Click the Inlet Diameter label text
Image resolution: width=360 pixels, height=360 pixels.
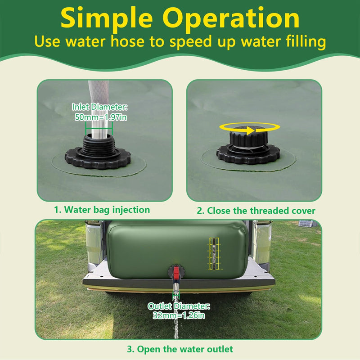[100, 107]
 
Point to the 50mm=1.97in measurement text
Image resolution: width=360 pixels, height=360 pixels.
[100, 117]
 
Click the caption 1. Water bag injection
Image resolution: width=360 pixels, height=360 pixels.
[102, 210]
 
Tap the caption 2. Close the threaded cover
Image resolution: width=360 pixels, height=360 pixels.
[256, 210]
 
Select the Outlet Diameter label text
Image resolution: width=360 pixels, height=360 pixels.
[179, 306]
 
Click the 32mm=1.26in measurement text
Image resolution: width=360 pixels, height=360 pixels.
[179, 315]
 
